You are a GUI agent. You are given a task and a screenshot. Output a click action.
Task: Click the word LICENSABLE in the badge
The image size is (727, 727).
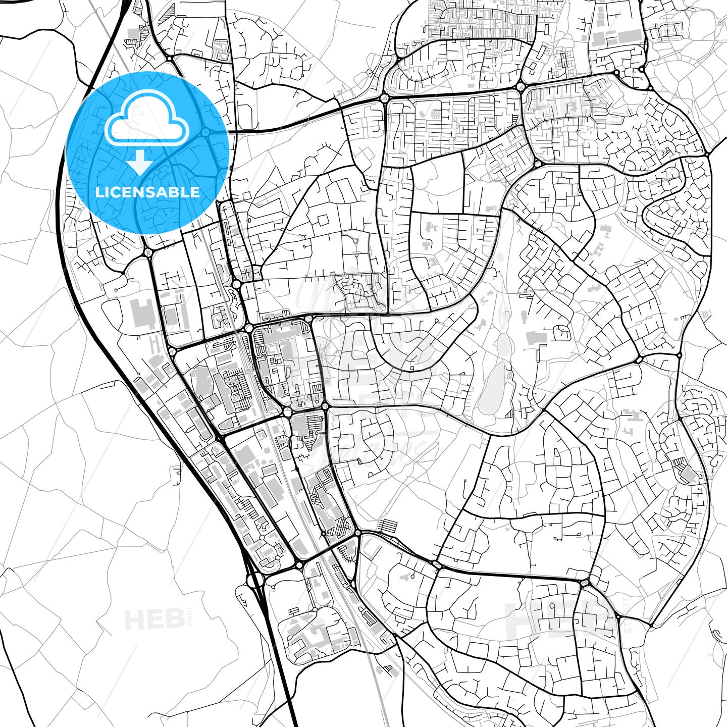(x=147, y=192)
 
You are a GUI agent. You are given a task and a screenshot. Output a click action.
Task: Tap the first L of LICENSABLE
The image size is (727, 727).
(x=98, y=192)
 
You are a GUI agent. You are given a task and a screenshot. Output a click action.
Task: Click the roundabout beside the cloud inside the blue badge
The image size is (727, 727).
(x=205, y=132)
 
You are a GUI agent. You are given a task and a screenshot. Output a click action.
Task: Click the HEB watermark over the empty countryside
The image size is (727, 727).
(x=154, y=619)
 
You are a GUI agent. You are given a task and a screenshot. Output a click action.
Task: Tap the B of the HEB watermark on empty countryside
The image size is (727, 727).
(x=174, y=619)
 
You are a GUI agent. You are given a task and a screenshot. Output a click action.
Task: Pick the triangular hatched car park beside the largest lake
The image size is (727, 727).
(x=509, y=414)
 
